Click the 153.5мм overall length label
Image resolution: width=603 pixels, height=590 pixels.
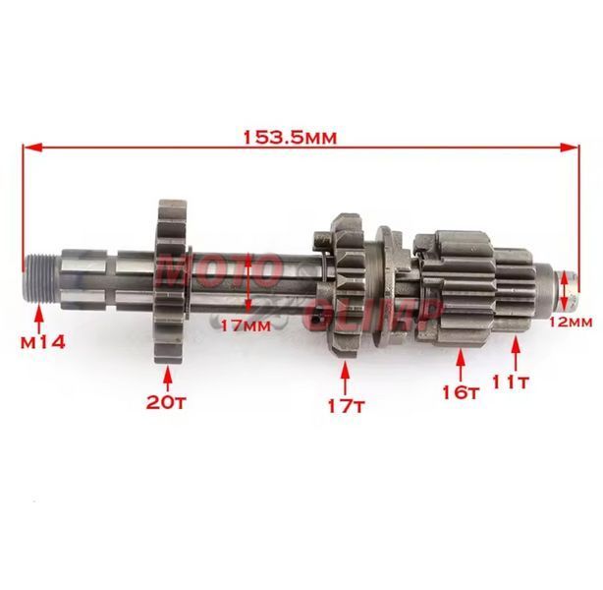[x=291, y=137]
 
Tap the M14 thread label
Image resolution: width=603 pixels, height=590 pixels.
[x=43, y=342]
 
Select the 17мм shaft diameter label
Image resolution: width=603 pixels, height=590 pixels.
[x=247, y=325]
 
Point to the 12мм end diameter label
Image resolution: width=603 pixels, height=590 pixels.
[x=571, y=322]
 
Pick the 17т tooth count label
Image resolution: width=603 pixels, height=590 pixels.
[x=346, y=406]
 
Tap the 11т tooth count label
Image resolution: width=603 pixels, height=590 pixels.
[x=511, y=383]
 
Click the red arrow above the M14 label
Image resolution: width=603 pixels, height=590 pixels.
[x=39, y=319]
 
